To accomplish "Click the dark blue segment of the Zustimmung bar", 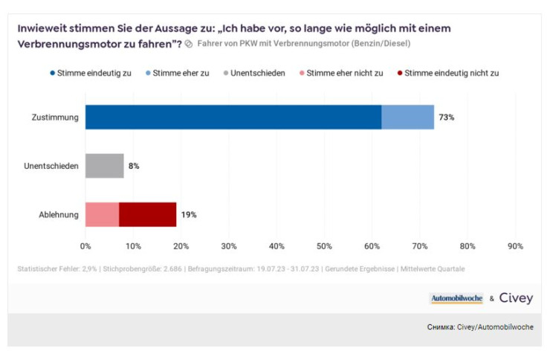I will pyautogui.click(x=233, y=118).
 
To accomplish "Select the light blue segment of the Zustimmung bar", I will pyautogui.click(x=407, y=118).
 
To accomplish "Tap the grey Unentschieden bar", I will pyautogui.click(x=104, y=166).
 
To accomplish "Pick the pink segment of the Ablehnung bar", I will pyautogui.click(x=102, y=214).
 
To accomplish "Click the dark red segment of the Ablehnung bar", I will pyautogui.click(x=147, y=214).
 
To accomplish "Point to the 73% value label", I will pyautogui.click(x=446, y=118).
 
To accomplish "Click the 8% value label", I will pyautogui.click(x=134, y=166).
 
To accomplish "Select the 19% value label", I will pyautogui.click(x=188, y=214).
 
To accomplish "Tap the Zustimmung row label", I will pyautogui.click(x=55, y=118).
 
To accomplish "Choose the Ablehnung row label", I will pyautogui.click(x=59, y=214).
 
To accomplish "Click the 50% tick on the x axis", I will pyautogui.click(x=324, y=246).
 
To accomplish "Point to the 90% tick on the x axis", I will pyautogui.click(x=515, y=246).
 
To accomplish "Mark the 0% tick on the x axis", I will pyautogui.click(x=85, y=246).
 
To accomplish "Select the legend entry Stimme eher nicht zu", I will pyautogui.click(x=340, y=73).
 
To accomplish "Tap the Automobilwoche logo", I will pyautogui.click(x=456, y=298).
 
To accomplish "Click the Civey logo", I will pyautogui.click(x=516, y=298).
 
